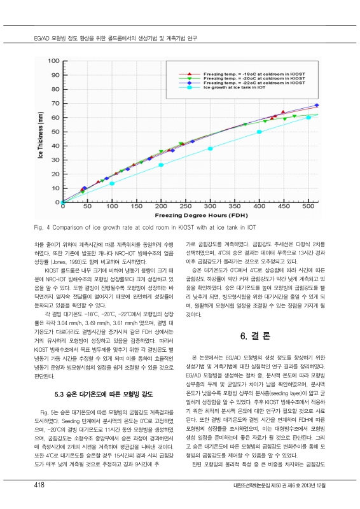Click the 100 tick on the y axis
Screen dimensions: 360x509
point(53,61)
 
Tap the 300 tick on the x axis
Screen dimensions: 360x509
point(211,207)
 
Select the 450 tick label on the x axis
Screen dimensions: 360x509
point(285,207)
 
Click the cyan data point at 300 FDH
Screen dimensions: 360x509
point(211,148)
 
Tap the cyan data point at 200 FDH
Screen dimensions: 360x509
point(161,165)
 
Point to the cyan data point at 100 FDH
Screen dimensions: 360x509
point(112,183)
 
